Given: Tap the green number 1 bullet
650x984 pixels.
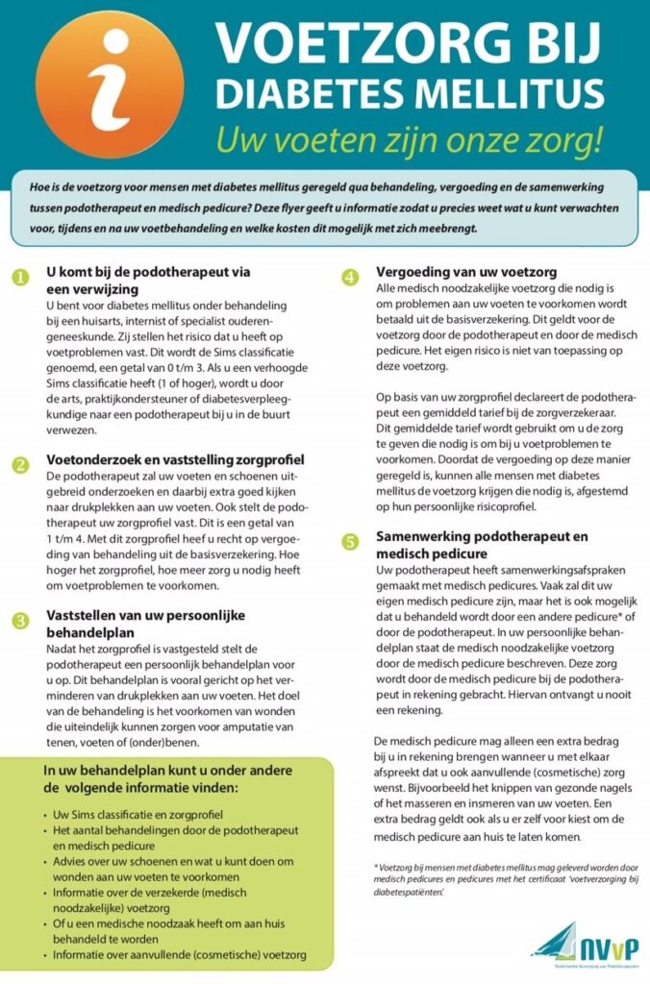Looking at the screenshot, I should (x=20, y=279).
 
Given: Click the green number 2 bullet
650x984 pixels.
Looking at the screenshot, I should (x=20, y=466).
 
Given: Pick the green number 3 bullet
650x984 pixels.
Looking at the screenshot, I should (x=20, y=621).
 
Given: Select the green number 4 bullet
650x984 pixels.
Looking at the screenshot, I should (x=350, y=279).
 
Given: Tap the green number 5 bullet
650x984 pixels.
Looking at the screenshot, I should (x=350, y=542).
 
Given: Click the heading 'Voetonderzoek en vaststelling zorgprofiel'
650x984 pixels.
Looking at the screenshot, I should (x=175, y=459).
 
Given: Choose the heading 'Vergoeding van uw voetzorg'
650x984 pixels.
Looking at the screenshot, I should (x=465, y=272).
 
